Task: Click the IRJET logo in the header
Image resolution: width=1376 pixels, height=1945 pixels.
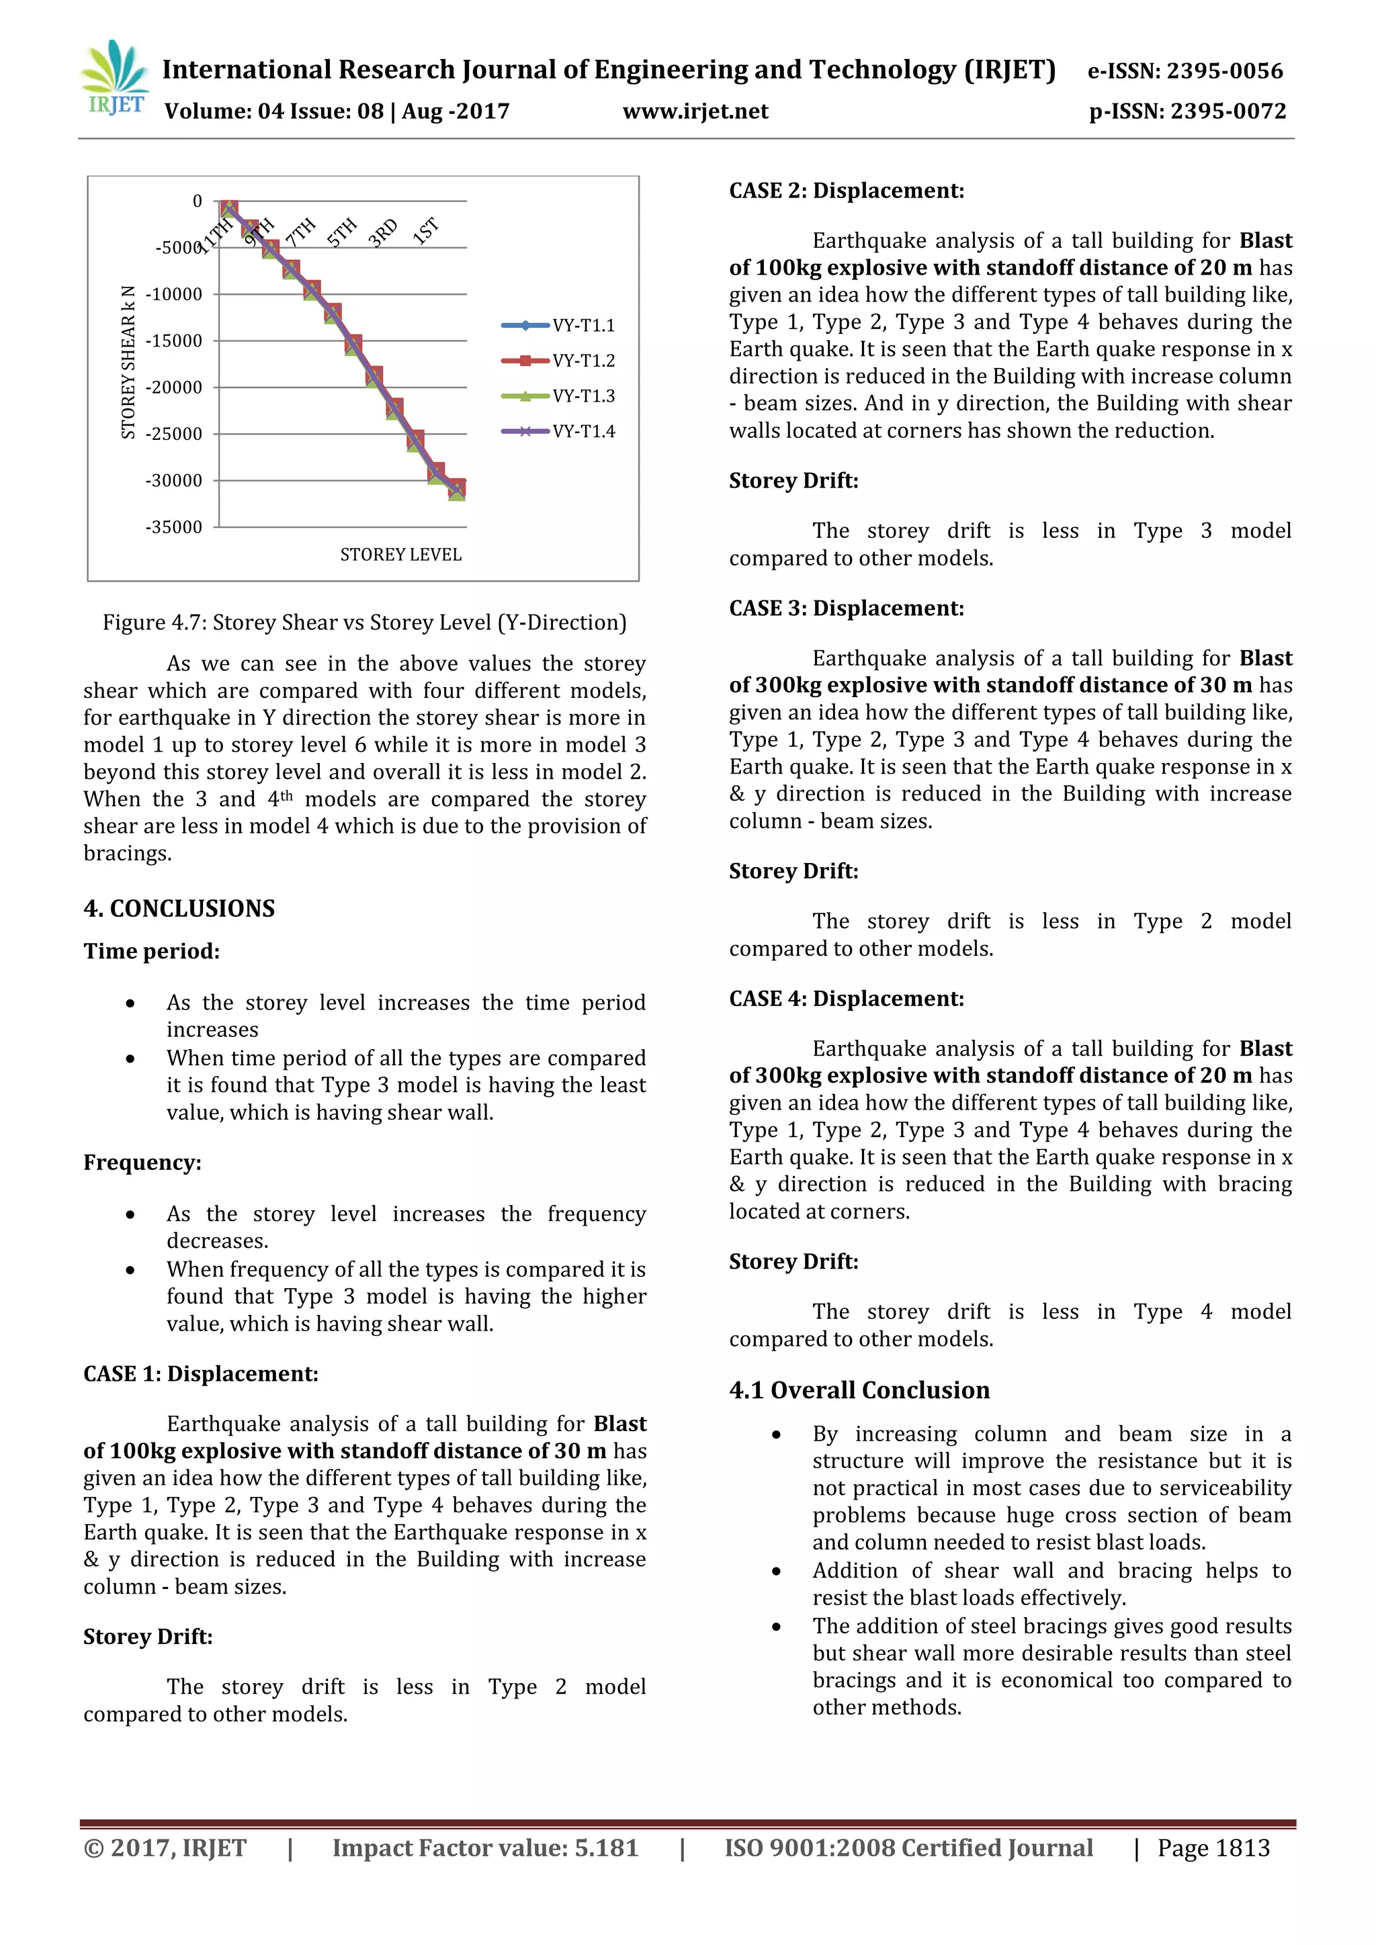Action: point(114,78)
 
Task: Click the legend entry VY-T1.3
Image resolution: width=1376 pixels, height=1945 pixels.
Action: point(583,396)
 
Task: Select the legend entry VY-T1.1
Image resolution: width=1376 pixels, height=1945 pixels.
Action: point(583,325)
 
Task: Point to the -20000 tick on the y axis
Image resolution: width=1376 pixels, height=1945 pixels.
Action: point(175,387)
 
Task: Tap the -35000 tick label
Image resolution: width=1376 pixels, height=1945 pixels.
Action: point(175,527)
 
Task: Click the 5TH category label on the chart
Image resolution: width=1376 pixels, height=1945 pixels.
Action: point(342,231)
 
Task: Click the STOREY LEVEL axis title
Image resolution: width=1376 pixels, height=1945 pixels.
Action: point(400,555)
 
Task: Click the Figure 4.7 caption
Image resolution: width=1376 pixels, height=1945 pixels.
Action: point(364,623)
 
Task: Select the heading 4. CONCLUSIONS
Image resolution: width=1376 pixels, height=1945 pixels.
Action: point(179,908)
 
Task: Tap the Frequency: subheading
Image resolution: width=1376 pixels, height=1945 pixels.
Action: point(142,1163)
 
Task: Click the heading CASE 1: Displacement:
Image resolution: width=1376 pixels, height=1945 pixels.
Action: point(201,1373)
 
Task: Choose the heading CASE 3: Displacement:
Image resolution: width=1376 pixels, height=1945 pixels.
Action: point(847,608)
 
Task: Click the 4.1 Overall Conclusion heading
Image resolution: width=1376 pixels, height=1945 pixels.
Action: point(859,1390)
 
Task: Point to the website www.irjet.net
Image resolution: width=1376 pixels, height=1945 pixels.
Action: point(695,111)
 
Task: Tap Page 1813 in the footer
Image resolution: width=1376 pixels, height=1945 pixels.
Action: point(1213,1848)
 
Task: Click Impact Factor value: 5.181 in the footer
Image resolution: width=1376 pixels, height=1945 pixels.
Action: point(484,1848)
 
